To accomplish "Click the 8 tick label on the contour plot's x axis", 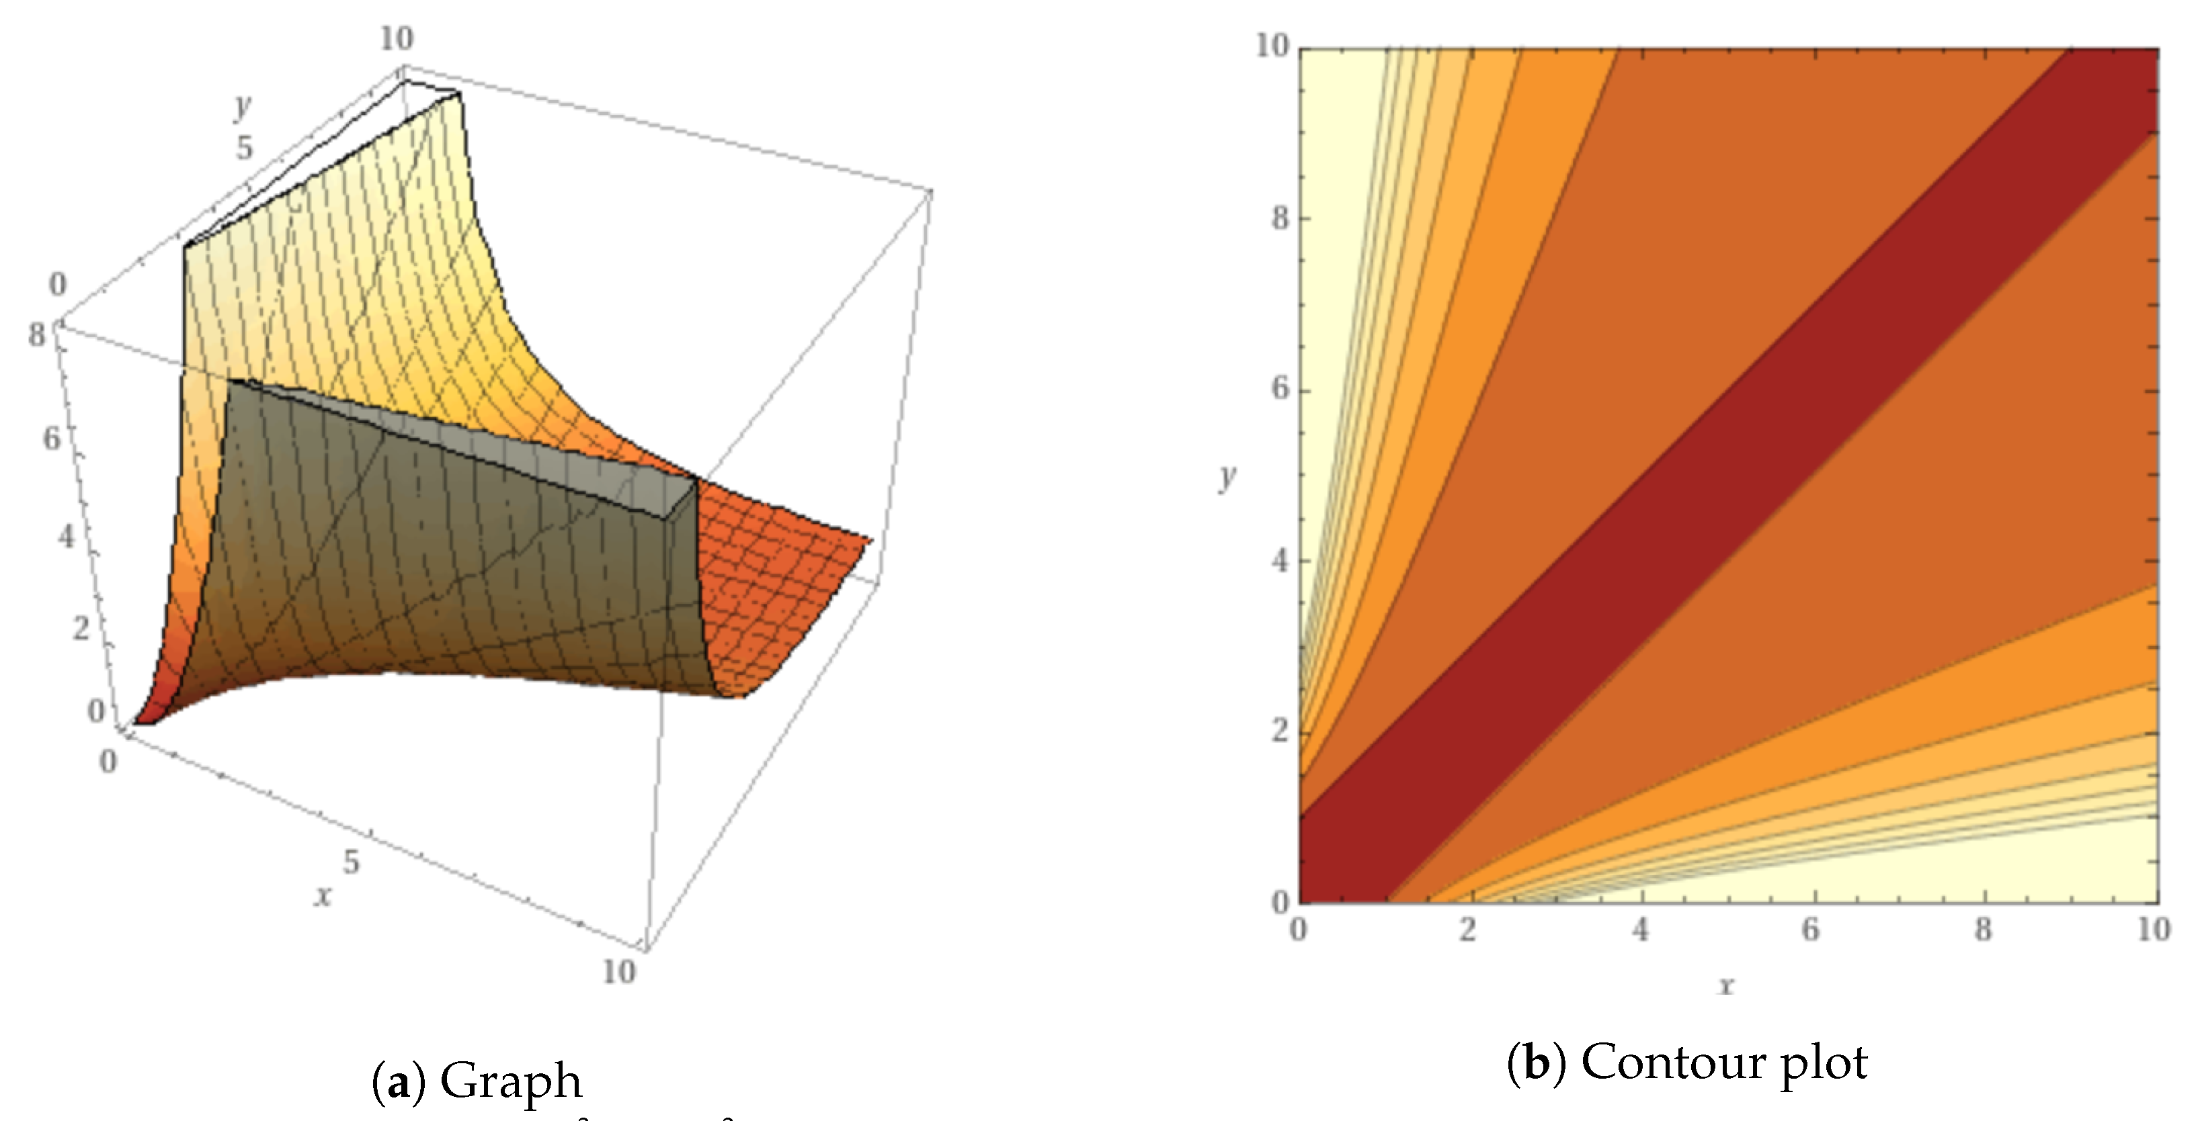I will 1983,929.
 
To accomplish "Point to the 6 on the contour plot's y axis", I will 1280,389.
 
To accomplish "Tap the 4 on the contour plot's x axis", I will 1639,929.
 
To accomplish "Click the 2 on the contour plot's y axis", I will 1280,731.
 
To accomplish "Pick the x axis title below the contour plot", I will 1727,985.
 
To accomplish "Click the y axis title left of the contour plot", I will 1227,477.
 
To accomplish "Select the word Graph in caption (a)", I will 510,1081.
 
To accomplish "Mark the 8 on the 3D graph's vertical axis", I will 37,336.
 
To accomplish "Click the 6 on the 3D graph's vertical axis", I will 51,439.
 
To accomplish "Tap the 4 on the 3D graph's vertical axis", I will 66,537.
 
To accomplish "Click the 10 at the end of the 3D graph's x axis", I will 618,971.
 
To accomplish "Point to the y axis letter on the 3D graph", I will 243,106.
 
